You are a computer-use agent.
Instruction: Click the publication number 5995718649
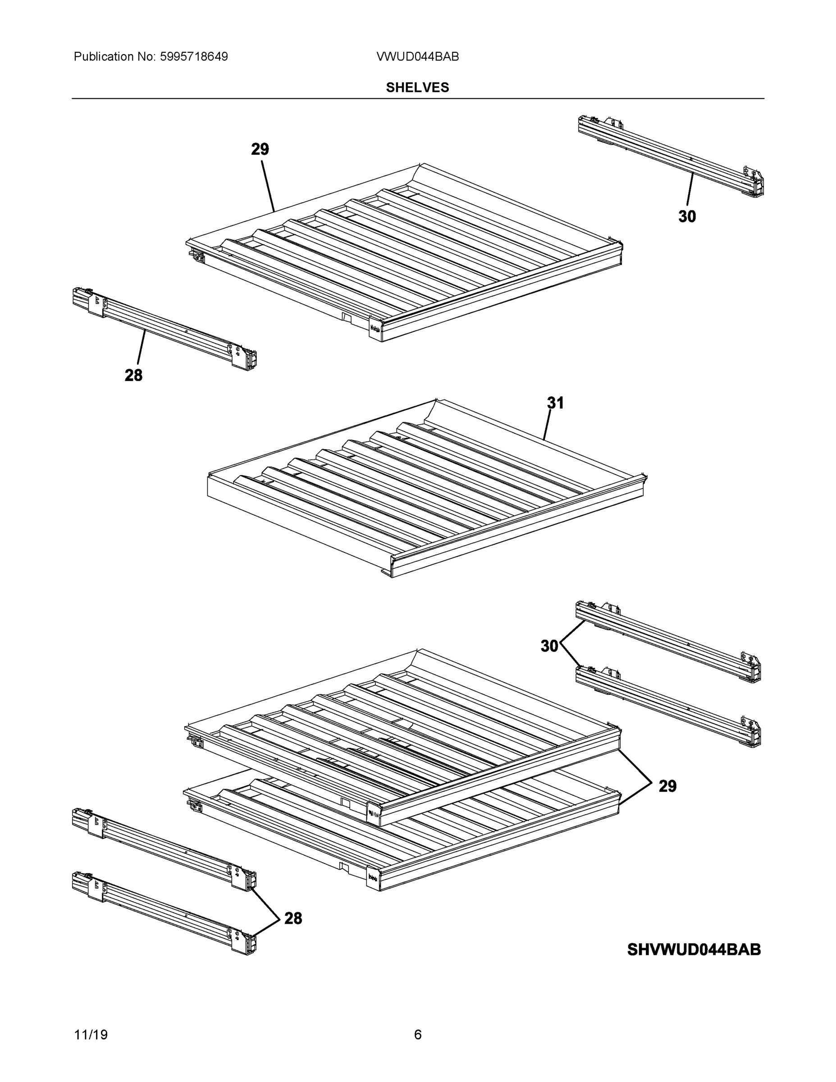coord(194,57)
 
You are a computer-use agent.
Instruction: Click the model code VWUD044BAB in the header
coord(417,57)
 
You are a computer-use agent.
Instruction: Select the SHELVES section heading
coord(417,88)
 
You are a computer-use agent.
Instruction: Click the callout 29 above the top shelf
coord(260,149)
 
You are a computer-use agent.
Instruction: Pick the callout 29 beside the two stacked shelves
coord(667,786)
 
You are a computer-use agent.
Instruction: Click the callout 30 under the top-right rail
coord(687,216)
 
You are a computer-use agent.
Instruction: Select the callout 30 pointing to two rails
coord(549,646)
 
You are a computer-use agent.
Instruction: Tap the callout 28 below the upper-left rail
coord(133,376)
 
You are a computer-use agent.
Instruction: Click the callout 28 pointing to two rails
coord(292,918)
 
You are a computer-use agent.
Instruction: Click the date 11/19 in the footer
coord(91,1035)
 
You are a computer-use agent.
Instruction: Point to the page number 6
coord(417,1035)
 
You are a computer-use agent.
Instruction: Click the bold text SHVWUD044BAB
coord(694,950)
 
